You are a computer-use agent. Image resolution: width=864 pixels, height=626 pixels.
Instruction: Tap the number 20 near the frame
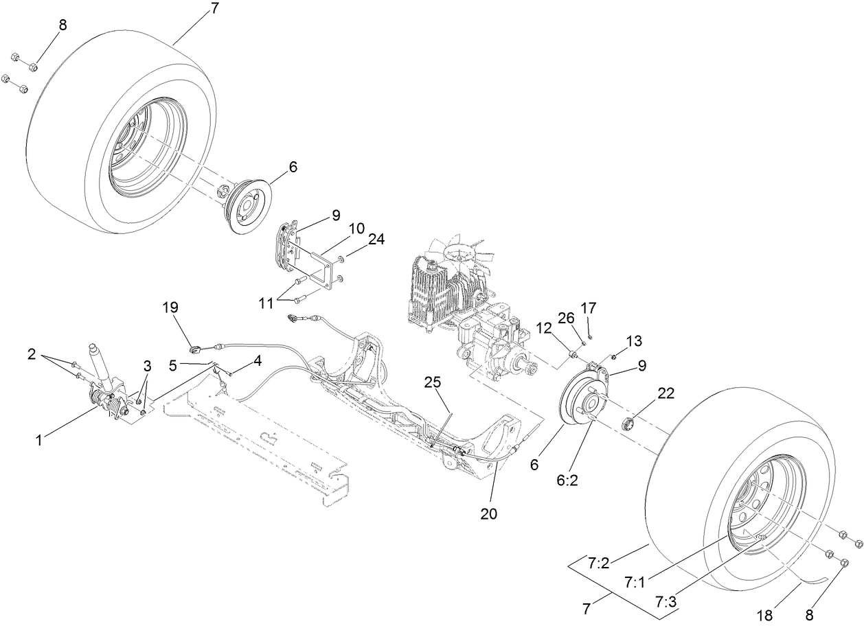tap(488, 513)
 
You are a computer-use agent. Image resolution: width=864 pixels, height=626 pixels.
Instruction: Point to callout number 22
tap(666, 393)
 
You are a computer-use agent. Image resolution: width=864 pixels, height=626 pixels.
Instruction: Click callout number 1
tap(39, 440)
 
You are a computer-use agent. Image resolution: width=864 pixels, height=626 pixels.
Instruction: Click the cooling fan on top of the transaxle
tap(458, 255)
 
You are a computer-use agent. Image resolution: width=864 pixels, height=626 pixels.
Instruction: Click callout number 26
tap(566, 318)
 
